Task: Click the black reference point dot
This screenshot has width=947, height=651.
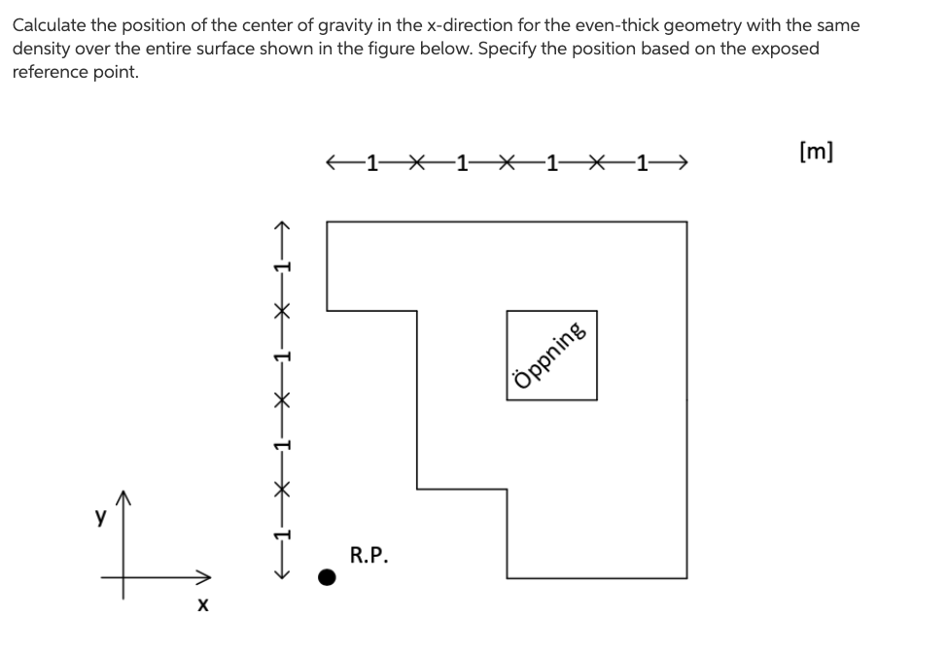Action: [x=329, y=578]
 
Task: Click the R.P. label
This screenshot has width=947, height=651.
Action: [x=368, y=556]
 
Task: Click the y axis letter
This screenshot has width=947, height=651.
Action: [x=99, y=518]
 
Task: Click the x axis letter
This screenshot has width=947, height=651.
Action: [x=202, y=605]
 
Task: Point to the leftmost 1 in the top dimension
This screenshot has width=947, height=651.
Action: [x=370, y=162]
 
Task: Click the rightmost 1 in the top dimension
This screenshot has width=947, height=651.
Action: [x=642, y=162]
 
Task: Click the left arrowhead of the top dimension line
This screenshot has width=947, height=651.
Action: [x=333, y=162]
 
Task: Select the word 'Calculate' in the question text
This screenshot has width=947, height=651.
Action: [x=49, y=25]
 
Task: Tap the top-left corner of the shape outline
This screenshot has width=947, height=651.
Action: [x=327, y=223]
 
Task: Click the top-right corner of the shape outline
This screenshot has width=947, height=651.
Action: [x=686, y=223]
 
